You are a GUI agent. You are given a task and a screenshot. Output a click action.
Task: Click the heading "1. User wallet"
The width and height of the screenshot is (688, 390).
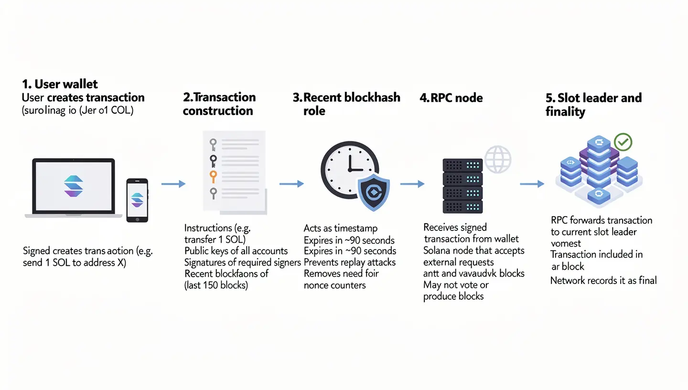[60, 84]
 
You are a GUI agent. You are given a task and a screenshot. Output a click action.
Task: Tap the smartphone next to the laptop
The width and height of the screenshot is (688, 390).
[137, 200]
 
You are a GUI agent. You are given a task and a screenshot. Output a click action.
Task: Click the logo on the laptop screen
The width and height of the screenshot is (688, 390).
[73, 186]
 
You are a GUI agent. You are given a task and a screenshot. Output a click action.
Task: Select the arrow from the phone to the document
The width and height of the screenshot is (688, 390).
[173, 184]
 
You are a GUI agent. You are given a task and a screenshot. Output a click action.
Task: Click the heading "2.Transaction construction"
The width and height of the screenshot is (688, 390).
[219, 104]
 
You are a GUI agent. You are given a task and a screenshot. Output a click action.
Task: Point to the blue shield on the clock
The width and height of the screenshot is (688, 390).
[374, 193]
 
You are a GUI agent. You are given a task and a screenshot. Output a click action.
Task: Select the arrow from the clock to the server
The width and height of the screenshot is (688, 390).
[412, 184]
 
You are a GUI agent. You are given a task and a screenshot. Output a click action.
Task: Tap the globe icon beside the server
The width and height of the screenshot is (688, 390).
[498, 159]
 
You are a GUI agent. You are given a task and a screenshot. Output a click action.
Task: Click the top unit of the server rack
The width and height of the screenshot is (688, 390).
[462, 165]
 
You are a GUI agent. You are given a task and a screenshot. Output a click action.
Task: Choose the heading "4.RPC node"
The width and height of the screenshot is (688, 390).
[451, 98]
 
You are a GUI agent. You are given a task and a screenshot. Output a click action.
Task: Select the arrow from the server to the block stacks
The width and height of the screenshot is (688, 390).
[531, 184]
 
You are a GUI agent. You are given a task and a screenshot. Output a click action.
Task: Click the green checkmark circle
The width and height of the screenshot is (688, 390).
[623, 141]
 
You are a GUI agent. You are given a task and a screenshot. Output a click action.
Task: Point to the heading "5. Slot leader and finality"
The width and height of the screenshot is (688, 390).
[593, 105]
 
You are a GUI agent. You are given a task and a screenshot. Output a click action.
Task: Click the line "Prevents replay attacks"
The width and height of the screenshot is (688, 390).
[349, 262]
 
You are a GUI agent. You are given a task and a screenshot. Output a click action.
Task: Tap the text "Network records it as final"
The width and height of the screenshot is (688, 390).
[603, 281]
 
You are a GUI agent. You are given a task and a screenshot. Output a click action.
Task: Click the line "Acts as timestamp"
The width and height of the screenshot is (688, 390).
[341, 228]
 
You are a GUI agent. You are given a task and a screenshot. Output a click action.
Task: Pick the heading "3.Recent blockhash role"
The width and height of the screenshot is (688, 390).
[346, 104]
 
